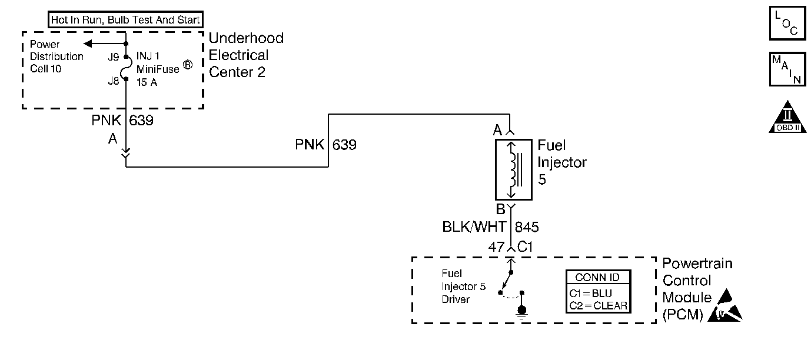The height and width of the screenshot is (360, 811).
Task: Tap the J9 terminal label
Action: (114, 58)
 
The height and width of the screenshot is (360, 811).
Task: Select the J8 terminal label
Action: (114, 81)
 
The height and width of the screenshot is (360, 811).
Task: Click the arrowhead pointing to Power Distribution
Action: (88, 44)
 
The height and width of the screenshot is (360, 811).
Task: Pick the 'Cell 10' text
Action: (46, 69)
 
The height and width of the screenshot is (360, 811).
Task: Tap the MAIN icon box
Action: (787, 69)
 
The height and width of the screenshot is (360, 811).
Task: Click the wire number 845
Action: (527, 227)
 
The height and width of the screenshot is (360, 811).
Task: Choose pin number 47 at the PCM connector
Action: (496, 247)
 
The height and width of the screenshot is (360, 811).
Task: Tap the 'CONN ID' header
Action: (597, 278)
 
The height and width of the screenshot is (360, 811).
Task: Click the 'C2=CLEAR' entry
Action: (597, 305)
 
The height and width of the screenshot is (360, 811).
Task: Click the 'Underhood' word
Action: (246, 38)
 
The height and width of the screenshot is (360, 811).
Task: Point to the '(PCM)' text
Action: (683, 314)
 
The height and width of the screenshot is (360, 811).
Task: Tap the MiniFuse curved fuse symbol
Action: (126, 69)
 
